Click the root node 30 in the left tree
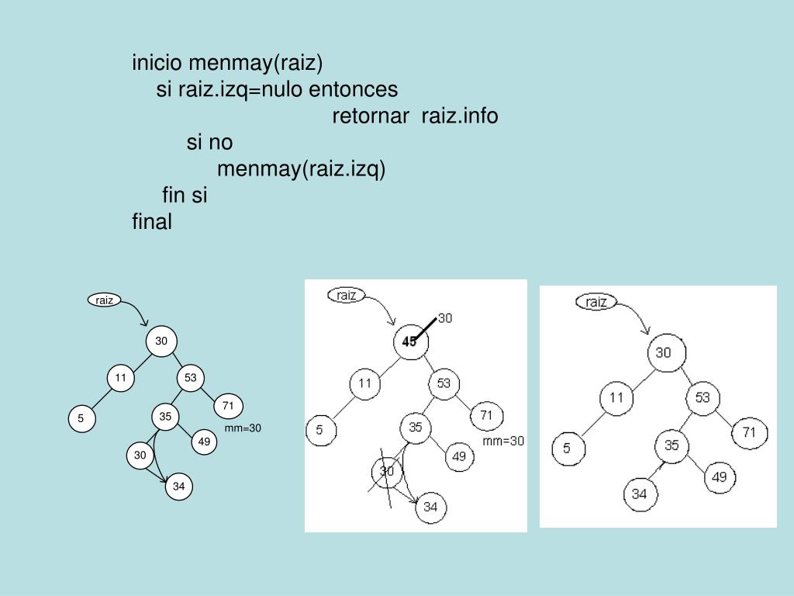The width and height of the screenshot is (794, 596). tap(161, 341)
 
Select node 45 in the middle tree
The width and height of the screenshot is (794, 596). tap(409, 341)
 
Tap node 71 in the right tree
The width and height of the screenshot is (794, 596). tap(749, 431)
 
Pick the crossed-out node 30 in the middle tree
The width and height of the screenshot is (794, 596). tap(388, 471)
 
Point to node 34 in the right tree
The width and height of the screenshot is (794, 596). tap(640, 494)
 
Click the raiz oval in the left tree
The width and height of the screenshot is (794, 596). tap(105, 300)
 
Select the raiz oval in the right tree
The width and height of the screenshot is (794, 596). tap(596, 302)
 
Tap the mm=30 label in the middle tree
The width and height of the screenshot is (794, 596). tap(503, 441)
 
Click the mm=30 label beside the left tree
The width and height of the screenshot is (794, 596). tap(243, 428)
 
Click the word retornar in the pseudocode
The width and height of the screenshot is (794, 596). tap(371, 116)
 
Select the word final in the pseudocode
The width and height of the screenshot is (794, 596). tap(152, 222)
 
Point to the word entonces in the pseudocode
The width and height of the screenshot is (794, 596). tap(354, 90)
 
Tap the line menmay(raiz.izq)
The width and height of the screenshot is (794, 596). tap(300, 169)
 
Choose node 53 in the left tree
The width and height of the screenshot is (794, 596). tap(190, 378)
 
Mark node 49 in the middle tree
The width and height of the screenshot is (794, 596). tap(459, 456)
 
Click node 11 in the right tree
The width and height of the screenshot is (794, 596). tap(616, 398)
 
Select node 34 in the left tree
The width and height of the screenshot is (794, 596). tap(179, 487)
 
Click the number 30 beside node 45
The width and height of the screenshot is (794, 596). tap(446, 317)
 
